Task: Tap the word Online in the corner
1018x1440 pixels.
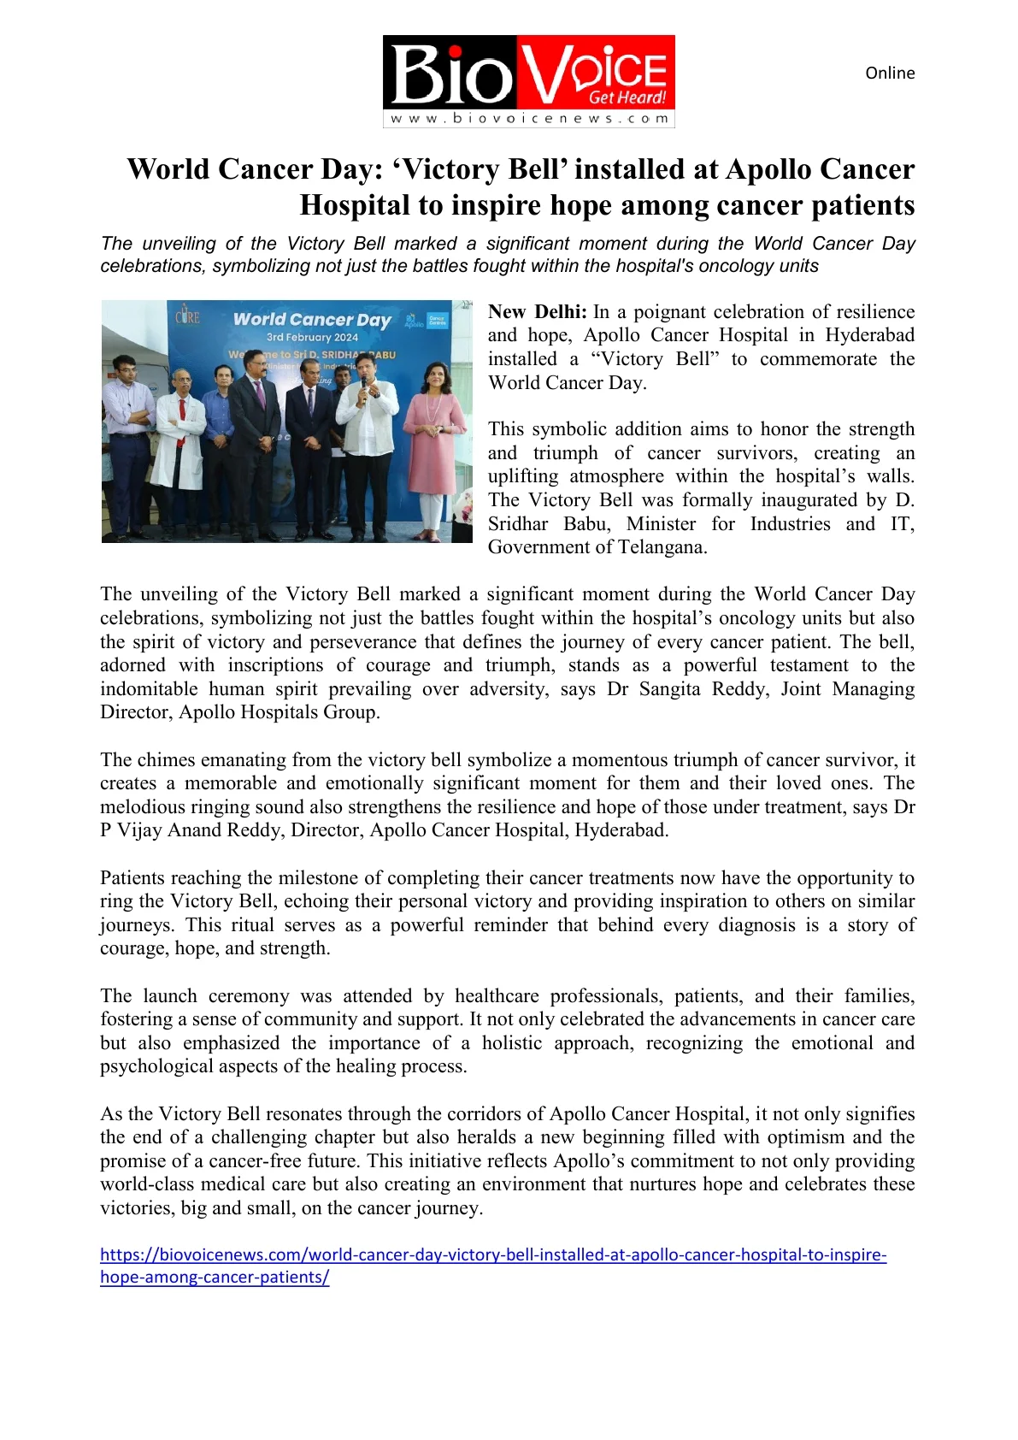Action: click(890, 74)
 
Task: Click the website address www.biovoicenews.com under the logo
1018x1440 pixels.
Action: click(528, 119)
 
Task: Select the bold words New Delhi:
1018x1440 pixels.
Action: click(537, 312)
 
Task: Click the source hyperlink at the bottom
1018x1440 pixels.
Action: click(492, 1255)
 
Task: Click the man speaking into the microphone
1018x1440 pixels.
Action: click(368, 428)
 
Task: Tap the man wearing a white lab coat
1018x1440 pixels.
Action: click(179, 428)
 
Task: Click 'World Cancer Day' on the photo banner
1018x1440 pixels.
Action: click(312, 320)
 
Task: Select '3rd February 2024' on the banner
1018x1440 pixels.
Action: click(312, 338)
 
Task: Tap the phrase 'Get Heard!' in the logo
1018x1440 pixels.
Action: click(627, 97)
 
